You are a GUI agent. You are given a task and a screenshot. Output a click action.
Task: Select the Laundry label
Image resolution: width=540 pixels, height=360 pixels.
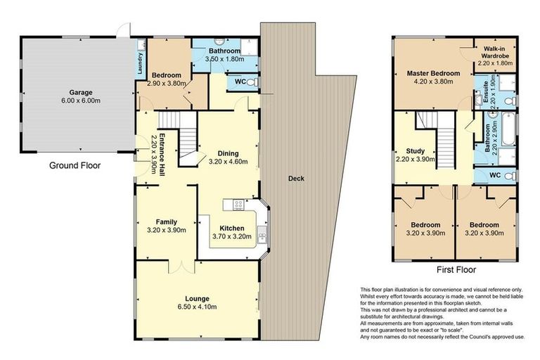[x=141, y=64]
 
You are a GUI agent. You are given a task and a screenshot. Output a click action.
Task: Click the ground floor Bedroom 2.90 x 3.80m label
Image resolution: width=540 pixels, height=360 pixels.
[x=167, y=75]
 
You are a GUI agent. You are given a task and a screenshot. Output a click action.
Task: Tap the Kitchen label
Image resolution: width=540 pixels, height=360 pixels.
[x=231, y=229]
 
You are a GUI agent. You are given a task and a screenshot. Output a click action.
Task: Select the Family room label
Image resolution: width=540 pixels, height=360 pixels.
[x=166, y=221]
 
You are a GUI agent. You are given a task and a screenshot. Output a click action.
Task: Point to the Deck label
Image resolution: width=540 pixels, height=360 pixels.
[x=296, y=179]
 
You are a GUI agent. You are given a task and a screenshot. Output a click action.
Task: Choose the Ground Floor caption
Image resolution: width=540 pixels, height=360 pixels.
[x=75, y=167]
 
